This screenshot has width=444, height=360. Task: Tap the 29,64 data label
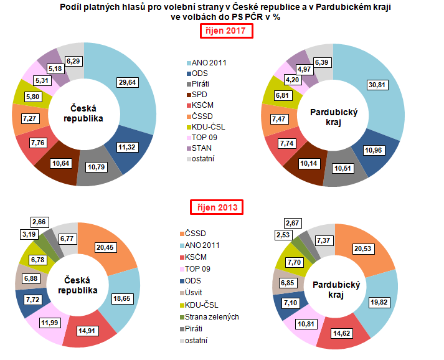tap(129, 82)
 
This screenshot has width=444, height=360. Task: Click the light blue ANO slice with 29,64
tap(134, 106)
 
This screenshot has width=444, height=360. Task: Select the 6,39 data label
tap(322, 62)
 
